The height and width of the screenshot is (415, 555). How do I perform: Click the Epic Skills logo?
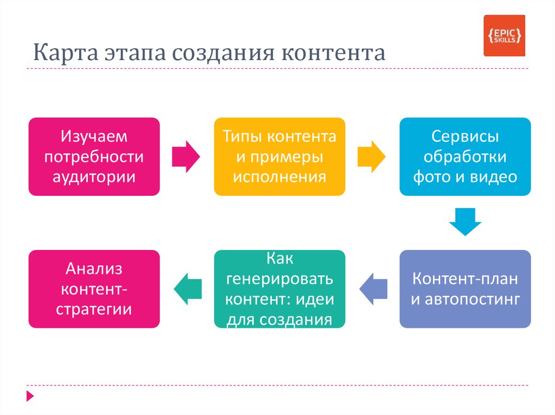(504, 36)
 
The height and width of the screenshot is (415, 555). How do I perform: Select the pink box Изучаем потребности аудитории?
(94, 156)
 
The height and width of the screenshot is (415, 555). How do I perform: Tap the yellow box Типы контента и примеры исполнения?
(280, 156)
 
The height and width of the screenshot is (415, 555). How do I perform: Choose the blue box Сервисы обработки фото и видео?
(465, 156)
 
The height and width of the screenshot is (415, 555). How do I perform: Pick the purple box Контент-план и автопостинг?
(465, 288)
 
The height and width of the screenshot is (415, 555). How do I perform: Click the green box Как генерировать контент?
(280, 288)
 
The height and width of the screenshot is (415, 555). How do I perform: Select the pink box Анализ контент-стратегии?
(94, 288)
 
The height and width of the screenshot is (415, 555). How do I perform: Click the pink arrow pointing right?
(186, 157)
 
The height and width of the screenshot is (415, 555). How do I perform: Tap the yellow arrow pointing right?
(371, 157)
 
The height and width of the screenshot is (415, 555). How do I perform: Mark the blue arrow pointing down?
(465, 221)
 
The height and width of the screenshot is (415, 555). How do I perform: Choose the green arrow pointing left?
(188, 288)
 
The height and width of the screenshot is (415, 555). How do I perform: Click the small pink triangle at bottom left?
(30, 395)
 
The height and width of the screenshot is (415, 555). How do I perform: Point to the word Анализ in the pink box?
(94, 268)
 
